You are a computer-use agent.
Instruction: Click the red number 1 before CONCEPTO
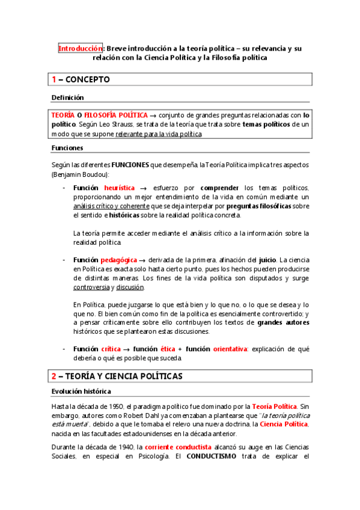(x=54, y=79)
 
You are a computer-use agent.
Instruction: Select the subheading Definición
(x=67, y=97)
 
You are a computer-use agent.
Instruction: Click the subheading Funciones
(x=67, y=147)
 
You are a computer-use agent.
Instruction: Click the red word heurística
(x=120, y=188)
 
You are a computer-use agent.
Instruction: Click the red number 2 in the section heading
(x=53, y=376)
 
